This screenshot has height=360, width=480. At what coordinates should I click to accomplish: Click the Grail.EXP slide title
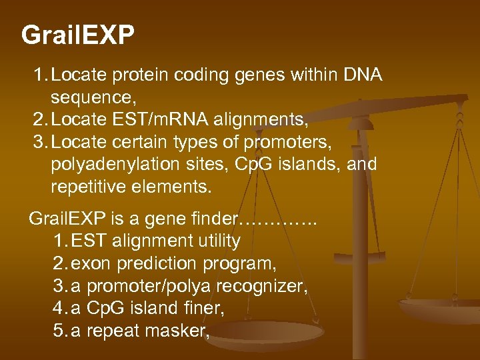[x=77, y=35]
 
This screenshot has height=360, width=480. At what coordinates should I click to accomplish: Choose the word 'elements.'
[x=176, y=187]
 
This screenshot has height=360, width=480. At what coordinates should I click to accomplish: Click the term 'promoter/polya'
[x=151, y=286]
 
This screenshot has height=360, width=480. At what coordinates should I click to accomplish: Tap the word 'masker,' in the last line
[x=183, y=331]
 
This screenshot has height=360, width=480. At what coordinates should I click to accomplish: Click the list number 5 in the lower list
[x=58, y=331]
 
